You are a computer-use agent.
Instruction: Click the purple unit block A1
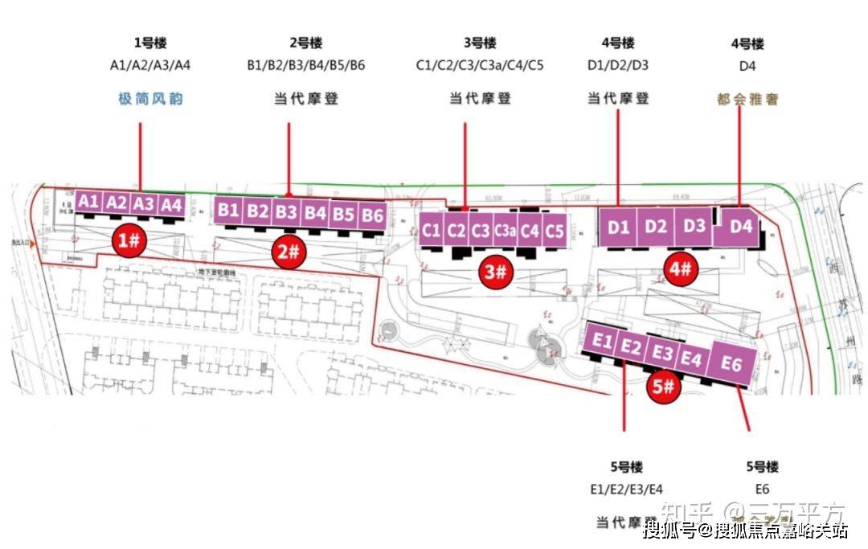[89, 203]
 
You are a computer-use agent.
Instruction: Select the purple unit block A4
[171, 205]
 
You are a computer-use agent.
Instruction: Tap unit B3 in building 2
[287, 212]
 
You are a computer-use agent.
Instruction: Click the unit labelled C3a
[505, 231]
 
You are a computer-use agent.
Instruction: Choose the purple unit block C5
[555, 231]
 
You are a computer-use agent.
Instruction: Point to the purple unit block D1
[618, 227]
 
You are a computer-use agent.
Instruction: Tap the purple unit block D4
[740, 227]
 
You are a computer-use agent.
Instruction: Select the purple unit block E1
[601, 342]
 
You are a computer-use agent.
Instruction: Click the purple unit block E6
[731, 364]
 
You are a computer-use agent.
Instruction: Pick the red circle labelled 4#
[680, 268]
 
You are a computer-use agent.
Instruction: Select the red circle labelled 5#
[664, 387]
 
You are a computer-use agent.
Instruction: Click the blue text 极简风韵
[151, 99]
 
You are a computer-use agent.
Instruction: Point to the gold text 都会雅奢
[748, 100]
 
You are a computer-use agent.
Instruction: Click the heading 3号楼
[479, 43]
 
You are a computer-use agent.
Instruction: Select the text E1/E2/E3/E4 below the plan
[625, 489]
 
